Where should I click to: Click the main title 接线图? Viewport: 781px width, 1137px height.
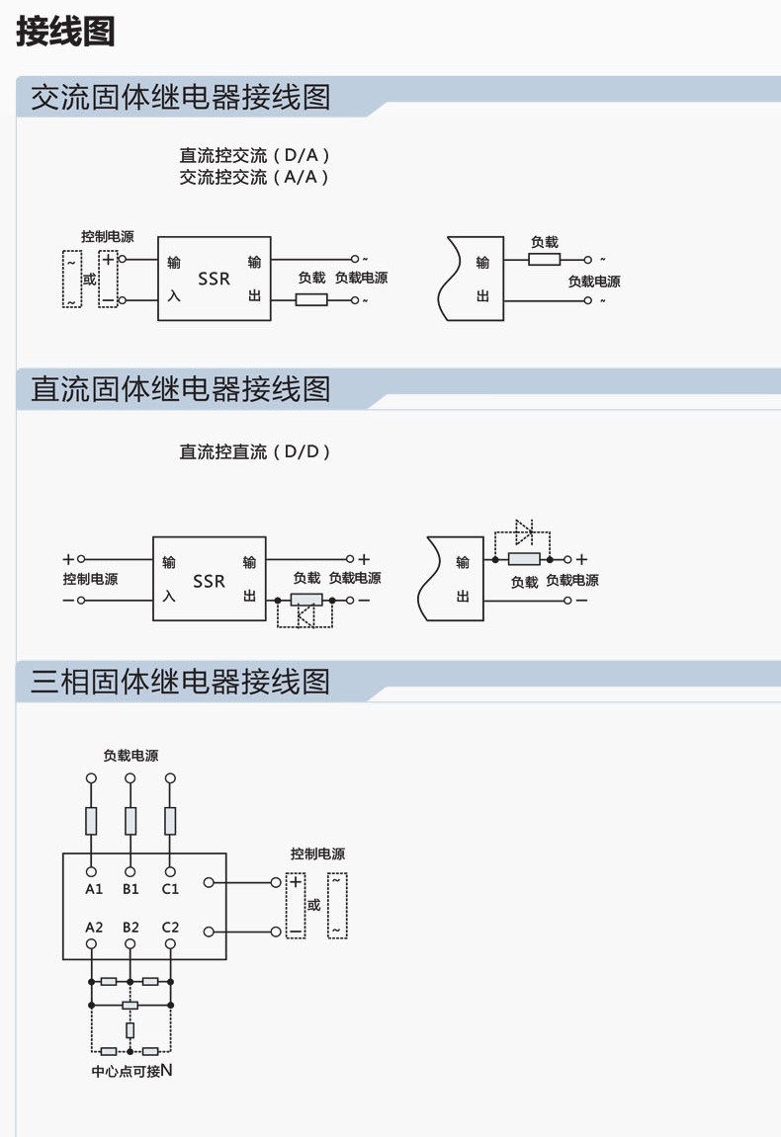coord(65,32)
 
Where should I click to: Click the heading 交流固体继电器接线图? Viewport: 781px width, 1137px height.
coord(180,97)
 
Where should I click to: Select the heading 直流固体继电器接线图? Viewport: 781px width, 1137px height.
coord(180,389)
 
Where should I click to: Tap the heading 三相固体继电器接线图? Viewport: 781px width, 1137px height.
coord(180,682)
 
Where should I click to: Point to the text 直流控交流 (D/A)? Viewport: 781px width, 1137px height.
coord(254,155)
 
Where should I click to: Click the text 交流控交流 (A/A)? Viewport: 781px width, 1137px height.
coord(254,177)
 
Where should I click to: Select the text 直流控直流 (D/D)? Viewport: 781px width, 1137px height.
coord(254,451)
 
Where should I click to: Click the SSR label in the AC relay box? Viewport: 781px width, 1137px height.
coord(214,280)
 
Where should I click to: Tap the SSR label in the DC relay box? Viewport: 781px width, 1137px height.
coord(209,581)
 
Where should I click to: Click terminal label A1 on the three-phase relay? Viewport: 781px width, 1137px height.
coord(94,889)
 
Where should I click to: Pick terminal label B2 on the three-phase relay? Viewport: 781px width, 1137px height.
coord(130,927)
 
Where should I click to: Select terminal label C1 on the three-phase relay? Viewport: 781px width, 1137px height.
coord(170,889)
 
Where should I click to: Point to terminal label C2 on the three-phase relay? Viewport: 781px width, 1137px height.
coord(170,927)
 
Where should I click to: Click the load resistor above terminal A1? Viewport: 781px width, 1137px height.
coord(92,820)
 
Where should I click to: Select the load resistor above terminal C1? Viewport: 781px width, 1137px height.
coord(170,820)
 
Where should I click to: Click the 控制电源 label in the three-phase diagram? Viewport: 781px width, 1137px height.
coord(317,854)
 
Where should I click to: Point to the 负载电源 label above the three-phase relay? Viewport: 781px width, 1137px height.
coord(130,756)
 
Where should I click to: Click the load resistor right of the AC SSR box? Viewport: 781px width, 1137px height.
coord(311,299)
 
